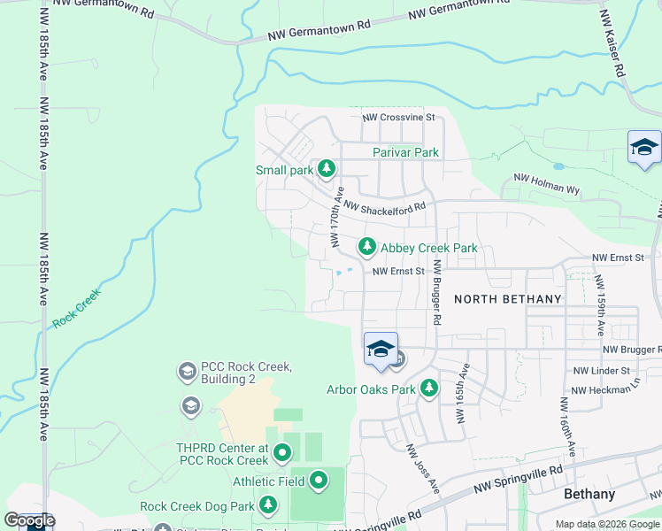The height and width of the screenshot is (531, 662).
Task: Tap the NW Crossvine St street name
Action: [x=399, y=117]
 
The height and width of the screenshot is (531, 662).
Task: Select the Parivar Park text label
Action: [x=405, y=152]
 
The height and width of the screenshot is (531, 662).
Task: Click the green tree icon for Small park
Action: [x=327, y=167]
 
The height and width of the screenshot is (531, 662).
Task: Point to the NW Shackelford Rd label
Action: [x=385, y=207]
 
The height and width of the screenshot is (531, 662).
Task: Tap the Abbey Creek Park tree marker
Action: [x=366, y=245]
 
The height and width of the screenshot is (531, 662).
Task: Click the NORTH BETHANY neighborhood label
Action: [x=507, y=299]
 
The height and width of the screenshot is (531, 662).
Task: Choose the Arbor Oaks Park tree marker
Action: [x=429, y=388]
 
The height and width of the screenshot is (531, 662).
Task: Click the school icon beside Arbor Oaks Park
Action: [x=381, y=349]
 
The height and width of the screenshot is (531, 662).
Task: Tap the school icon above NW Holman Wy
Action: [x=644, y=147]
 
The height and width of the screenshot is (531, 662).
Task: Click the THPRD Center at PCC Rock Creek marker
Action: [x=282, y=453]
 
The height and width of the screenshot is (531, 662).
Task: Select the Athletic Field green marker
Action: [x=319, y=481]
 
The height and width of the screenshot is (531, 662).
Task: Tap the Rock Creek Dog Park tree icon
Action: [x=268, y=506]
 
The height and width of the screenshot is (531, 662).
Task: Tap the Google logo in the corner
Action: [x=29, y=520]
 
